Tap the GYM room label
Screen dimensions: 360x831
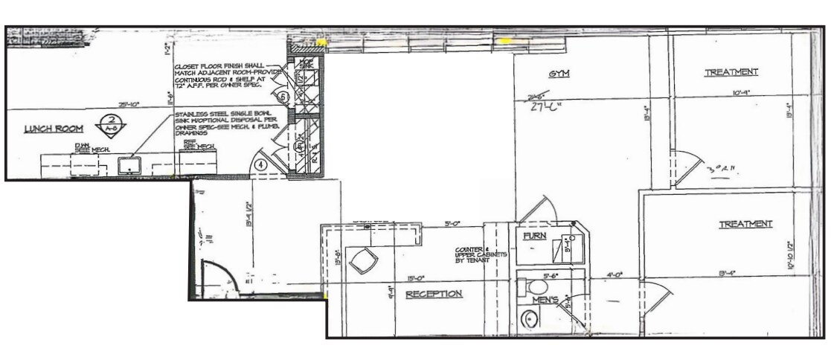click(559, 74)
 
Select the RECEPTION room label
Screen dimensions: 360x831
click(434, 294)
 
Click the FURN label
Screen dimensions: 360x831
click(535, 236)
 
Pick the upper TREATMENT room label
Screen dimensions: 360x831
click(731, 72)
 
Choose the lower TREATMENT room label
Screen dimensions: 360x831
click(745, 224)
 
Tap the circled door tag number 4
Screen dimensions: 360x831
click(261, 164)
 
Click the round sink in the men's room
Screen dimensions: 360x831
click(530, 319)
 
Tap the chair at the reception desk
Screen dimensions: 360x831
click(365, 260)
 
